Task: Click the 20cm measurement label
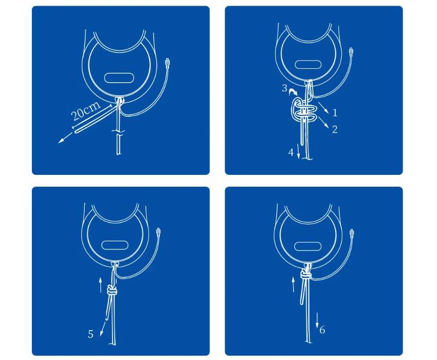pyautogui.click(x=85, y=111)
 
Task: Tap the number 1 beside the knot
pyautogui.click(x=335, y=113)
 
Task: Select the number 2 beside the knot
pyautogui.click(x=335, y=129)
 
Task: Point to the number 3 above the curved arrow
pyautogui.click(x=284, y=88)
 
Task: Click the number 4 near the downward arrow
pyautogui.click(x=290, y=153)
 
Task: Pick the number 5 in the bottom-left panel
pyautogui.click(x=90, y=334)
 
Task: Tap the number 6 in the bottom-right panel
pyautogui.click(x=322, y=330)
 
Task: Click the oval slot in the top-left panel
pyautogui.click(x=119, y=78)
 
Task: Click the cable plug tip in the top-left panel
pyautogui.click(x=168, y=63)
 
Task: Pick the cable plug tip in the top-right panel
pyautogui.click(x=352, y=52)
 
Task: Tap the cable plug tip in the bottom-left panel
pyautogui.click(x=158, y=232)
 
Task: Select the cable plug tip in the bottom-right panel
pyautogui.click(x=352, y=233)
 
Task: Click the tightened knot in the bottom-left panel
pyautogui.click(x=112, y=290)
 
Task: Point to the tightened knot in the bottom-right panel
pyautogui.click(x=306, y=276)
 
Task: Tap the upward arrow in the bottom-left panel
pyautogui.click(x=101, y=284)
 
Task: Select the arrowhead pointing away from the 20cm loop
pyautogui.click(x=61, y=141)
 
